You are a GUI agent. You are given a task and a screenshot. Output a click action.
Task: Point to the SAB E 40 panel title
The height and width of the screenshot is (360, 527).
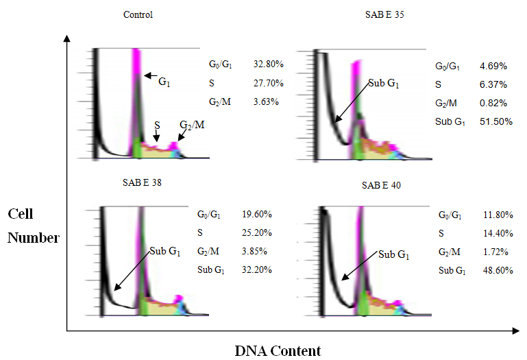click(380, 186)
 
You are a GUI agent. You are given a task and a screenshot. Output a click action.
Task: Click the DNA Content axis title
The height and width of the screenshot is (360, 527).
click(278, 351)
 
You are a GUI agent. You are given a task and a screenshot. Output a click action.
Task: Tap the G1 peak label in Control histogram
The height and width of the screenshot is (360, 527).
click(165, 82)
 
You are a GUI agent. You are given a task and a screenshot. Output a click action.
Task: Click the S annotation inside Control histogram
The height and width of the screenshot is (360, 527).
click(157, 125)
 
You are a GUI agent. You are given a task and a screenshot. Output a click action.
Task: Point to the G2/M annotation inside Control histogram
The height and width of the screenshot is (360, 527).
click(191, 126)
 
